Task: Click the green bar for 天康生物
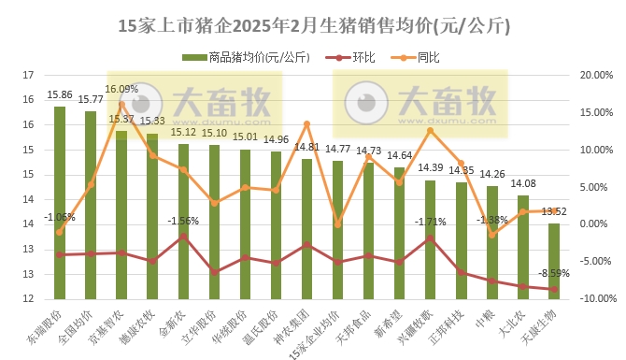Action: point(554,261)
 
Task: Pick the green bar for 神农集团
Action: point(306,229)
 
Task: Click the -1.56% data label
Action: point(183,221)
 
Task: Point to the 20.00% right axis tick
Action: point(596,75)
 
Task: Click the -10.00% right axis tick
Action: point(595,299)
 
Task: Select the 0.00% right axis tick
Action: point(594,224)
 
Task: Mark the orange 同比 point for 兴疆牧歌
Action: point(430,131)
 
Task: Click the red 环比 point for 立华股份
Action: point(215,272)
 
